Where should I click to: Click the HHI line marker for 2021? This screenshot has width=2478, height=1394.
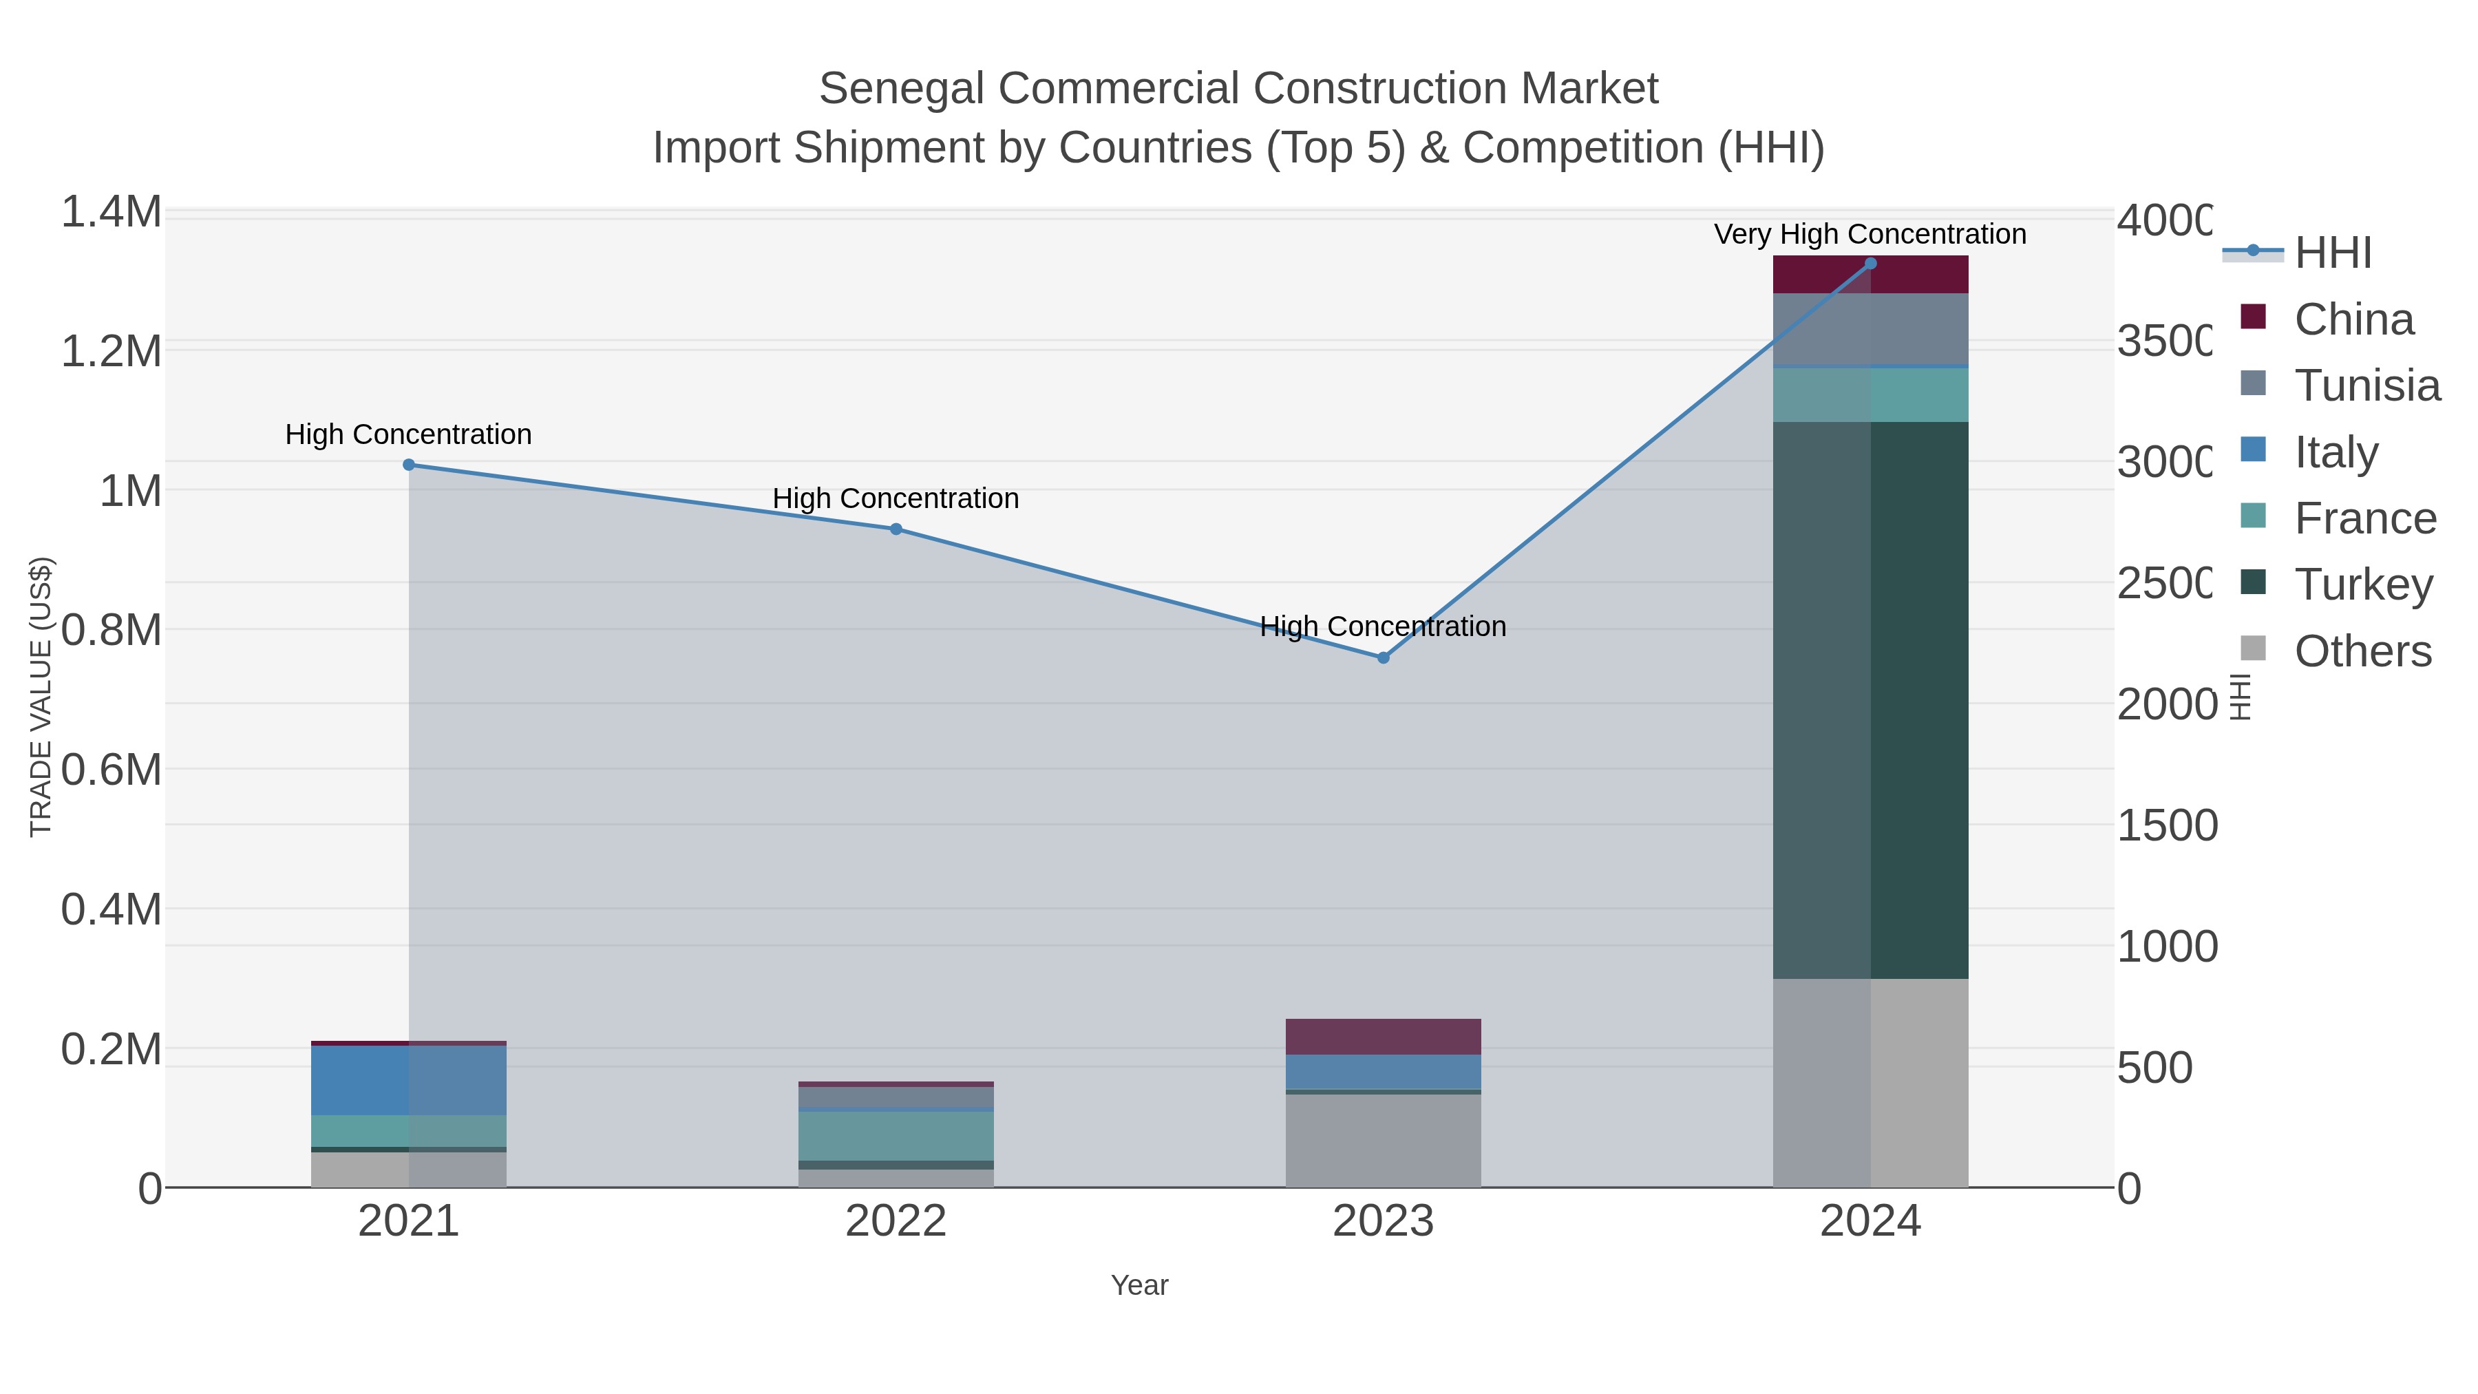click(x=409, y=465)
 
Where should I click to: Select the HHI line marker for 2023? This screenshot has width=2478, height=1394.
click(x=1384, y=658)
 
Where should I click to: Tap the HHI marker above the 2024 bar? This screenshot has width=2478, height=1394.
click(x=1870, y=264)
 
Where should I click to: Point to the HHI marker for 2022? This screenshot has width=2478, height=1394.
click(x=896, y=529)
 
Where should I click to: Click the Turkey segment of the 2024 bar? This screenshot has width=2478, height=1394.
click(x=1870, y=700)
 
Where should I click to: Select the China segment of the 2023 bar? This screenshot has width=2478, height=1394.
click(x=1384, y=1037)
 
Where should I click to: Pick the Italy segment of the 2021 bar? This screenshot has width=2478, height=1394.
click(x=409, y=1080)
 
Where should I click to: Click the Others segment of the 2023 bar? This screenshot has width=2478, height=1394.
click(x=1384, y=1141)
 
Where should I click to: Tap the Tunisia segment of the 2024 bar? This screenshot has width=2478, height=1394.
click(x=1870, y=329)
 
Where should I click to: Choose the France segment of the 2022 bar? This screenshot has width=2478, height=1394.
click(x=896, y=1136)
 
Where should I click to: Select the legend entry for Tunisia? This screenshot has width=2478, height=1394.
click(x=2366, y=386)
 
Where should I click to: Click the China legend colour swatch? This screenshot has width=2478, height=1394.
click(x=2253, y=317)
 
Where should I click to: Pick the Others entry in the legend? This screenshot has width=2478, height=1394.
click(x=2362, y=651)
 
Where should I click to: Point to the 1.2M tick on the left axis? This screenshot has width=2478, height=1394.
click(x=112, y=351)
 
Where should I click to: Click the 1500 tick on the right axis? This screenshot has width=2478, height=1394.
click(x=2166, y=825)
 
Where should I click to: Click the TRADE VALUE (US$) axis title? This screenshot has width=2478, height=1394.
click(x=41, y=697)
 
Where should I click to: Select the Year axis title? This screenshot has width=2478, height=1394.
click(x=1139, y=1285)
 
